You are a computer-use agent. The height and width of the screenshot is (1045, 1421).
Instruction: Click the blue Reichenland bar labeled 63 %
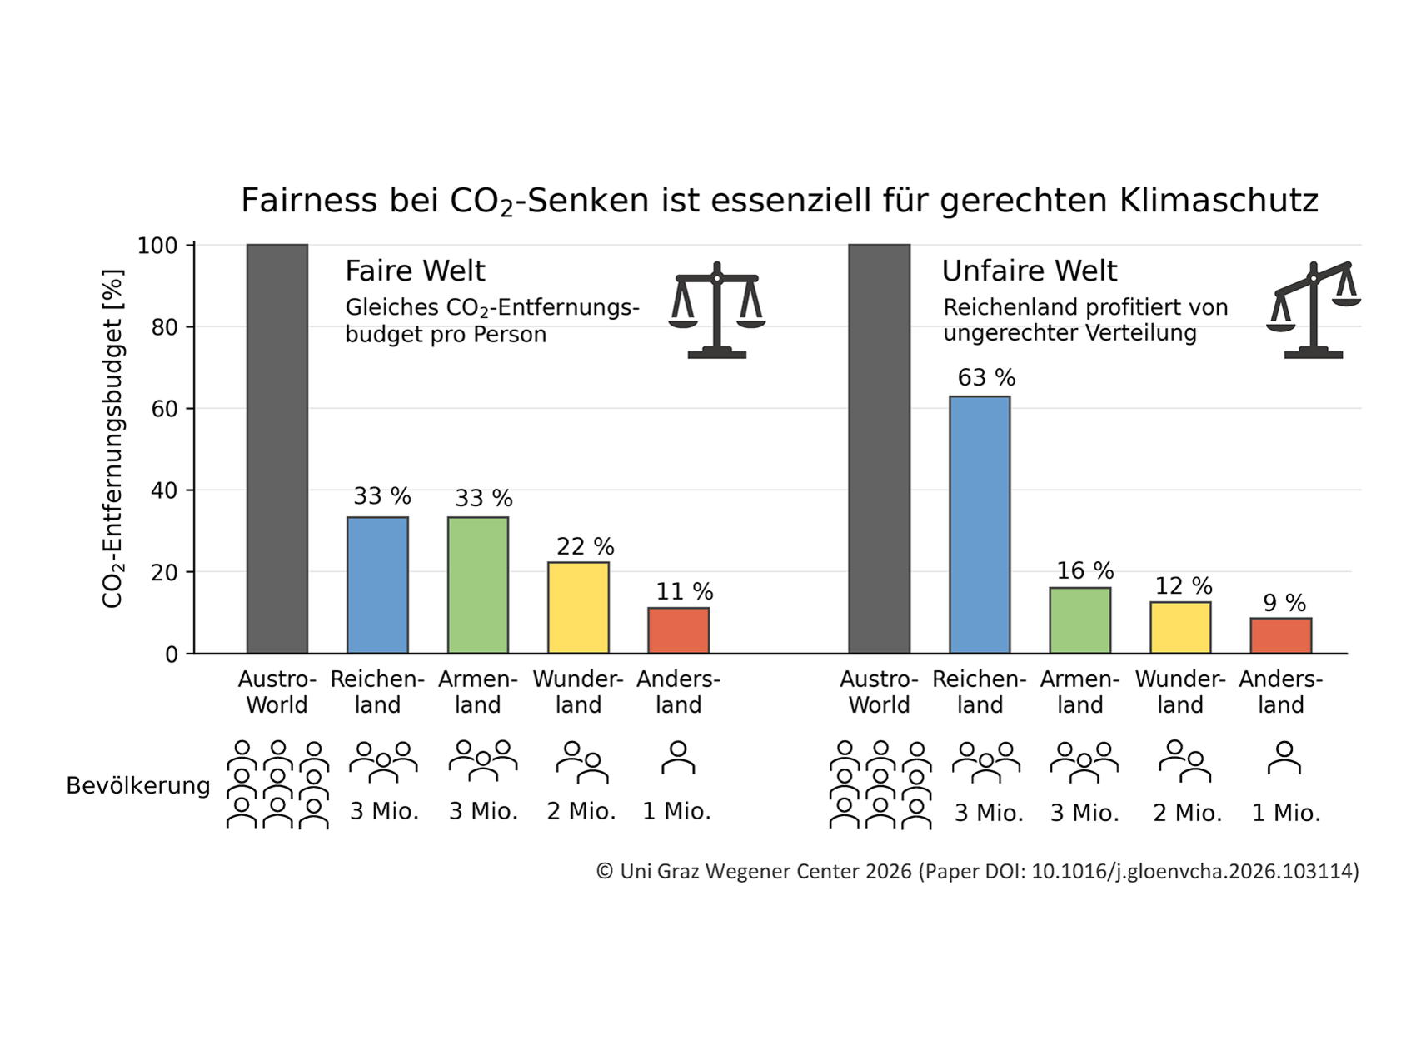pos(980,525)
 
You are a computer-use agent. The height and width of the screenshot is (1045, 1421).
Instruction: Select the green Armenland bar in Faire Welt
pos(478,585)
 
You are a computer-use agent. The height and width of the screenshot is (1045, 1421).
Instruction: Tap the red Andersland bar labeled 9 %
pos(1280,635)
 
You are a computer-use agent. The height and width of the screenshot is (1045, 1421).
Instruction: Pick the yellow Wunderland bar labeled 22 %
pos(578,607)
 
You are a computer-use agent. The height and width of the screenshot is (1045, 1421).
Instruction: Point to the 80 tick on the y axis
pos(164,327)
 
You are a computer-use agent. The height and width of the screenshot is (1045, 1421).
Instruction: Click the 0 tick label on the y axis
pos(171,654)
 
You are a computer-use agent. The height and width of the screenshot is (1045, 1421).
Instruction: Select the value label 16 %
pos(1084,571)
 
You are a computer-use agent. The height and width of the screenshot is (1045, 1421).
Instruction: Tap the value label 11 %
pos(684,592)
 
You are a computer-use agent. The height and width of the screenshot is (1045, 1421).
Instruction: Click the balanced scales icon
pos(716,311)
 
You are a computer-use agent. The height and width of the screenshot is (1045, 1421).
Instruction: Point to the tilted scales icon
pos(1313,310)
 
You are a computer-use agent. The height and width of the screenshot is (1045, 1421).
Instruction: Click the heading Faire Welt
pos(415,271)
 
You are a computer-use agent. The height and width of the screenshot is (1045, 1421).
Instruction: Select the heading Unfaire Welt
pos(1029,271)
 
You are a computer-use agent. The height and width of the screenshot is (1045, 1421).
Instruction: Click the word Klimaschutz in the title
pos(1219,201)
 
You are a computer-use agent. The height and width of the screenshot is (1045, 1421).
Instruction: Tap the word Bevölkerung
pos(138,786)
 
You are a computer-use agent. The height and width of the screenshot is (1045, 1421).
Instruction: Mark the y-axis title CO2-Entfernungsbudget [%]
pos(112,438)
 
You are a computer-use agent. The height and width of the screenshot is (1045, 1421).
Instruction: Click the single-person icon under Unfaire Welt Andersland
pos(1284,759)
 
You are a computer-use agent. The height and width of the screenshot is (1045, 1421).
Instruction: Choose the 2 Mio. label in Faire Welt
pos(581,811)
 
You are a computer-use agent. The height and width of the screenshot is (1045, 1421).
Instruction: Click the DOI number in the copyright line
pos(1194,872)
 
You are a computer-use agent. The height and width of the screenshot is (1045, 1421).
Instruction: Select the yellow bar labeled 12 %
pos(1179,627)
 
